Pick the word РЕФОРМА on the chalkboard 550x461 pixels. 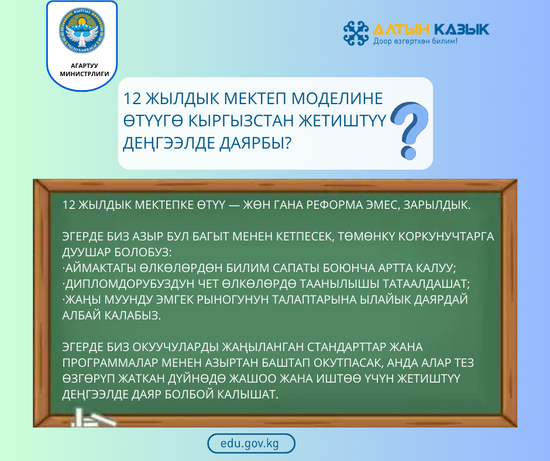click(331, 206)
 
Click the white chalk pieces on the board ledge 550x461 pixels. click(94, 418)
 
